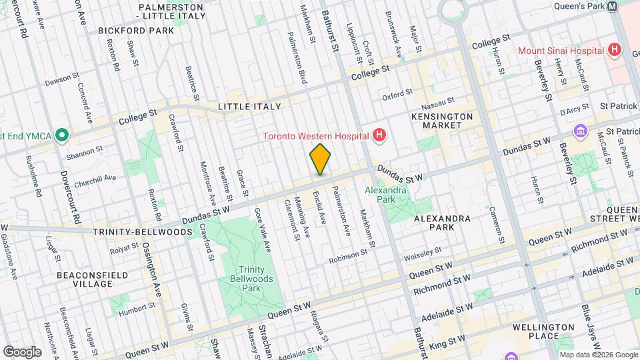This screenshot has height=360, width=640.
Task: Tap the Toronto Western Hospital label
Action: point(315,137)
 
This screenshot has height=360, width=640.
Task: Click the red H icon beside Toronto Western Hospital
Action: point(379,137)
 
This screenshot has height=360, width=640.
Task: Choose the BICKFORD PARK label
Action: point(126,30)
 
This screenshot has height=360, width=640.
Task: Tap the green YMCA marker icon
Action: point(62,136)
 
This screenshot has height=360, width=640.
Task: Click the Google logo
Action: point(22,351)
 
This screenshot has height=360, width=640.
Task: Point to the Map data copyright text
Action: point(598,355)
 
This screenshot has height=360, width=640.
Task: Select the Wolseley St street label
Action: point(421,253)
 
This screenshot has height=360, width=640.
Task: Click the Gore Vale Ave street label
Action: point(263,229)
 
